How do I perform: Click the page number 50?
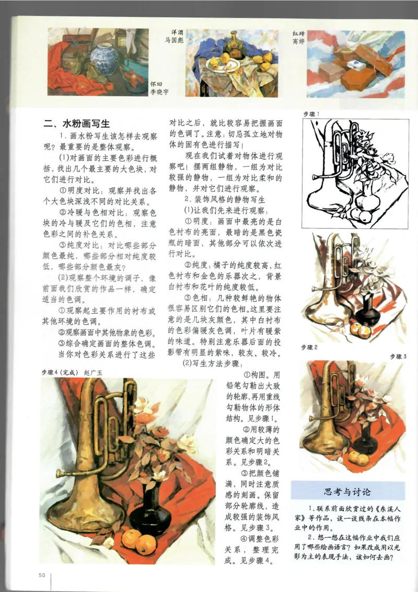tap(42, 575)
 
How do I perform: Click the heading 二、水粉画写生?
tap(77, 124)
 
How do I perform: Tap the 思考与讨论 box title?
tap(347, 492)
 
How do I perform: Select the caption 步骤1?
tap(311, 113)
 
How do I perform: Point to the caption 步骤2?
tap(310, 347)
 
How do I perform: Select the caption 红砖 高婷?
tap(298, 37)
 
